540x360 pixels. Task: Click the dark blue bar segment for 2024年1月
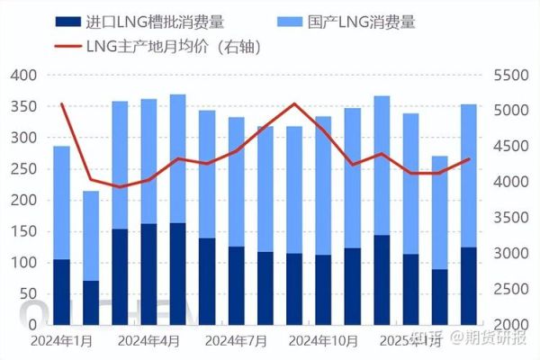[61, 292]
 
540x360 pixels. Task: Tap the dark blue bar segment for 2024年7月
[236, 285]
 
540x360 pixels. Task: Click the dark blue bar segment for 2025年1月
[410, 289]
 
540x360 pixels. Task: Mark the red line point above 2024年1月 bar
[61, 104]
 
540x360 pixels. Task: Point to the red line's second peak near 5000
[294, 103]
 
